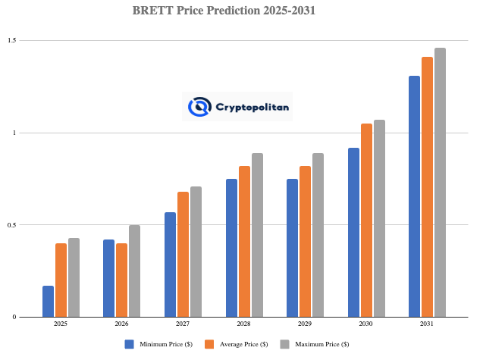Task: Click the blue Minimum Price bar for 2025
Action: pyautogui.click(x=48, y=302)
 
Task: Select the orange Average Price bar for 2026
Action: pyautogui.click(x=122, y=280)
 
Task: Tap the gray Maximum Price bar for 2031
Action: pyautogui.click(x=440, y=183)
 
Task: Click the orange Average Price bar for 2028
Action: pyautogui.click(x=244, y=242)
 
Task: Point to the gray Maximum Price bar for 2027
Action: pyautogui.click(x=196, y=252)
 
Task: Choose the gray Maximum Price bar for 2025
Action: pyautogui.click(x=74, y=277)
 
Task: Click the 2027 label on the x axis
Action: pyautogui.click(x=183, y=324)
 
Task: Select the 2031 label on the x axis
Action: pyautogui.click(x=427, y=324)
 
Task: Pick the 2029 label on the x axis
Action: pyautogui.click(x=305, y=324)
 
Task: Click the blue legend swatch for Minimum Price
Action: pyautogui.click(x=130, y=344)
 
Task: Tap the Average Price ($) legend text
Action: pyautogui.click(x=242, y=344)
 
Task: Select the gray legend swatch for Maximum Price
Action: pyautogui.click(x=285, y=344)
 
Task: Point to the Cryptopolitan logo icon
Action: pyautogui.click(x=199, y=107)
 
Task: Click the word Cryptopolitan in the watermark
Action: pyautogui.click(x=253, y=107)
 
